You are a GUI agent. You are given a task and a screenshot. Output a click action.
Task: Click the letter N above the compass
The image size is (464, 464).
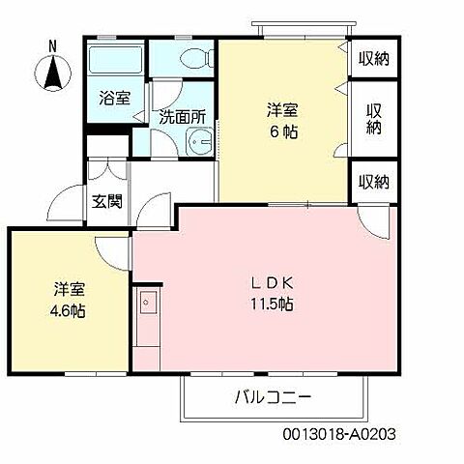coord(53,45)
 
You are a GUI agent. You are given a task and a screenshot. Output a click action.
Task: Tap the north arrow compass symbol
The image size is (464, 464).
coord(53,72)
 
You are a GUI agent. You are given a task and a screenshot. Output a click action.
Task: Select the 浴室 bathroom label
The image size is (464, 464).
coord(115,97)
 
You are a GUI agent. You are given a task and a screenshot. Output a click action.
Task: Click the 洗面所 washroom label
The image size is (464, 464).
coord(183,117)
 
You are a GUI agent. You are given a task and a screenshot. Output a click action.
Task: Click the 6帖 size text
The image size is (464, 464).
coord(283,131)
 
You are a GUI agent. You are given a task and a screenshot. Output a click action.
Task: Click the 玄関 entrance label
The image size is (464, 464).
coord(106,202)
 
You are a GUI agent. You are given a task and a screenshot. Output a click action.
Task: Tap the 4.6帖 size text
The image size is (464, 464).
coord(67,311)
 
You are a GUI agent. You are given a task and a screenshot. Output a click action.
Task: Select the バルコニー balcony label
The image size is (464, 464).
coord(274,397)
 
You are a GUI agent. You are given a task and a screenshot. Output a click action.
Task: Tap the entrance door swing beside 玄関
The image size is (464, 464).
coord(68,200)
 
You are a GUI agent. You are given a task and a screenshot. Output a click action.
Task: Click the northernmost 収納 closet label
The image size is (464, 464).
coord(373,59)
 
